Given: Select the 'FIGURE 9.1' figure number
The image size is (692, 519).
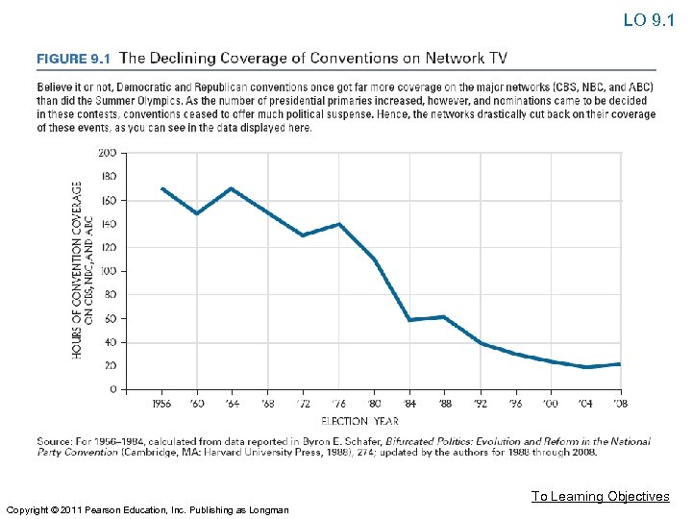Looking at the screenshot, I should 74,59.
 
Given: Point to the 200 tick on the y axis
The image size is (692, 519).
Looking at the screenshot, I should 108,153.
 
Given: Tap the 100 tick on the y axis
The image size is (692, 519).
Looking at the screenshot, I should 108,271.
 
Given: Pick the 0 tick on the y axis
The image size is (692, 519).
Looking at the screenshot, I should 112,389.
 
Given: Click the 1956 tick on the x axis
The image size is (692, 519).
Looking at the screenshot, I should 162,405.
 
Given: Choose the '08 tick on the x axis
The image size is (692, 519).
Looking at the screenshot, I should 620,405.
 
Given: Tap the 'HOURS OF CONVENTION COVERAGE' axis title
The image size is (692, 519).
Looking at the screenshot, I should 77,271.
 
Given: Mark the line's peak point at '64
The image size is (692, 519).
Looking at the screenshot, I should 232,188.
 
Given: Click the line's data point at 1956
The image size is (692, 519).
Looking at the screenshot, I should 162,188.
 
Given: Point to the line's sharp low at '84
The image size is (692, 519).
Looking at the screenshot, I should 410,319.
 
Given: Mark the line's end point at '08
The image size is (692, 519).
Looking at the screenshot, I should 620,364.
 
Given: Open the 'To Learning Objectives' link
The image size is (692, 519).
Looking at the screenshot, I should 601,496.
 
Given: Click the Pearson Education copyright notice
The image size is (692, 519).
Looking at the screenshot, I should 146,509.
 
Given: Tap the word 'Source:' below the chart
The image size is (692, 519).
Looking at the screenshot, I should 54,442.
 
